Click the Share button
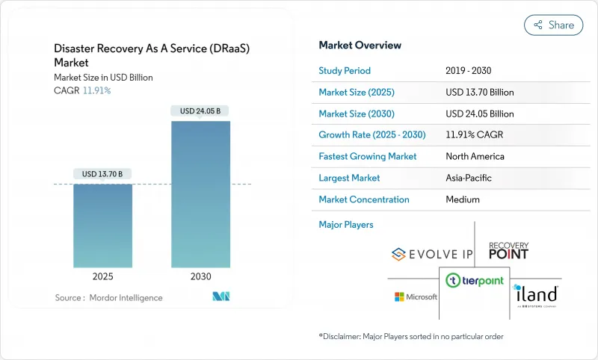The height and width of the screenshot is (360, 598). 553,25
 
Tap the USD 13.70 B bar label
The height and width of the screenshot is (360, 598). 102,174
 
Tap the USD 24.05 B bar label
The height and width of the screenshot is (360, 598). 200,111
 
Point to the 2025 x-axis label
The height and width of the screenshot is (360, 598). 102,276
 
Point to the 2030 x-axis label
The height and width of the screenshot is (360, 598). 200,276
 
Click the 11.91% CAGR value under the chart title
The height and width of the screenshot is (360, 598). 95,90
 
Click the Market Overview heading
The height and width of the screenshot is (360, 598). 360,46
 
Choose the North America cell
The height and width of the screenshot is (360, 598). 475,157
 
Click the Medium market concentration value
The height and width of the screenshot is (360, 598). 463,199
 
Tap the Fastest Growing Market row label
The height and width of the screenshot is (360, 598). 368,157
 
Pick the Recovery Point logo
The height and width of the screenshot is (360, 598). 508,250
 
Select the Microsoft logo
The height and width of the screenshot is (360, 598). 416,297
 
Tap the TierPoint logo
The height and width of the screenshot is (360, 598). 474,281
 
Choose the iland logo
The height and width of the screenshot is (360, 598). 536,295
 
